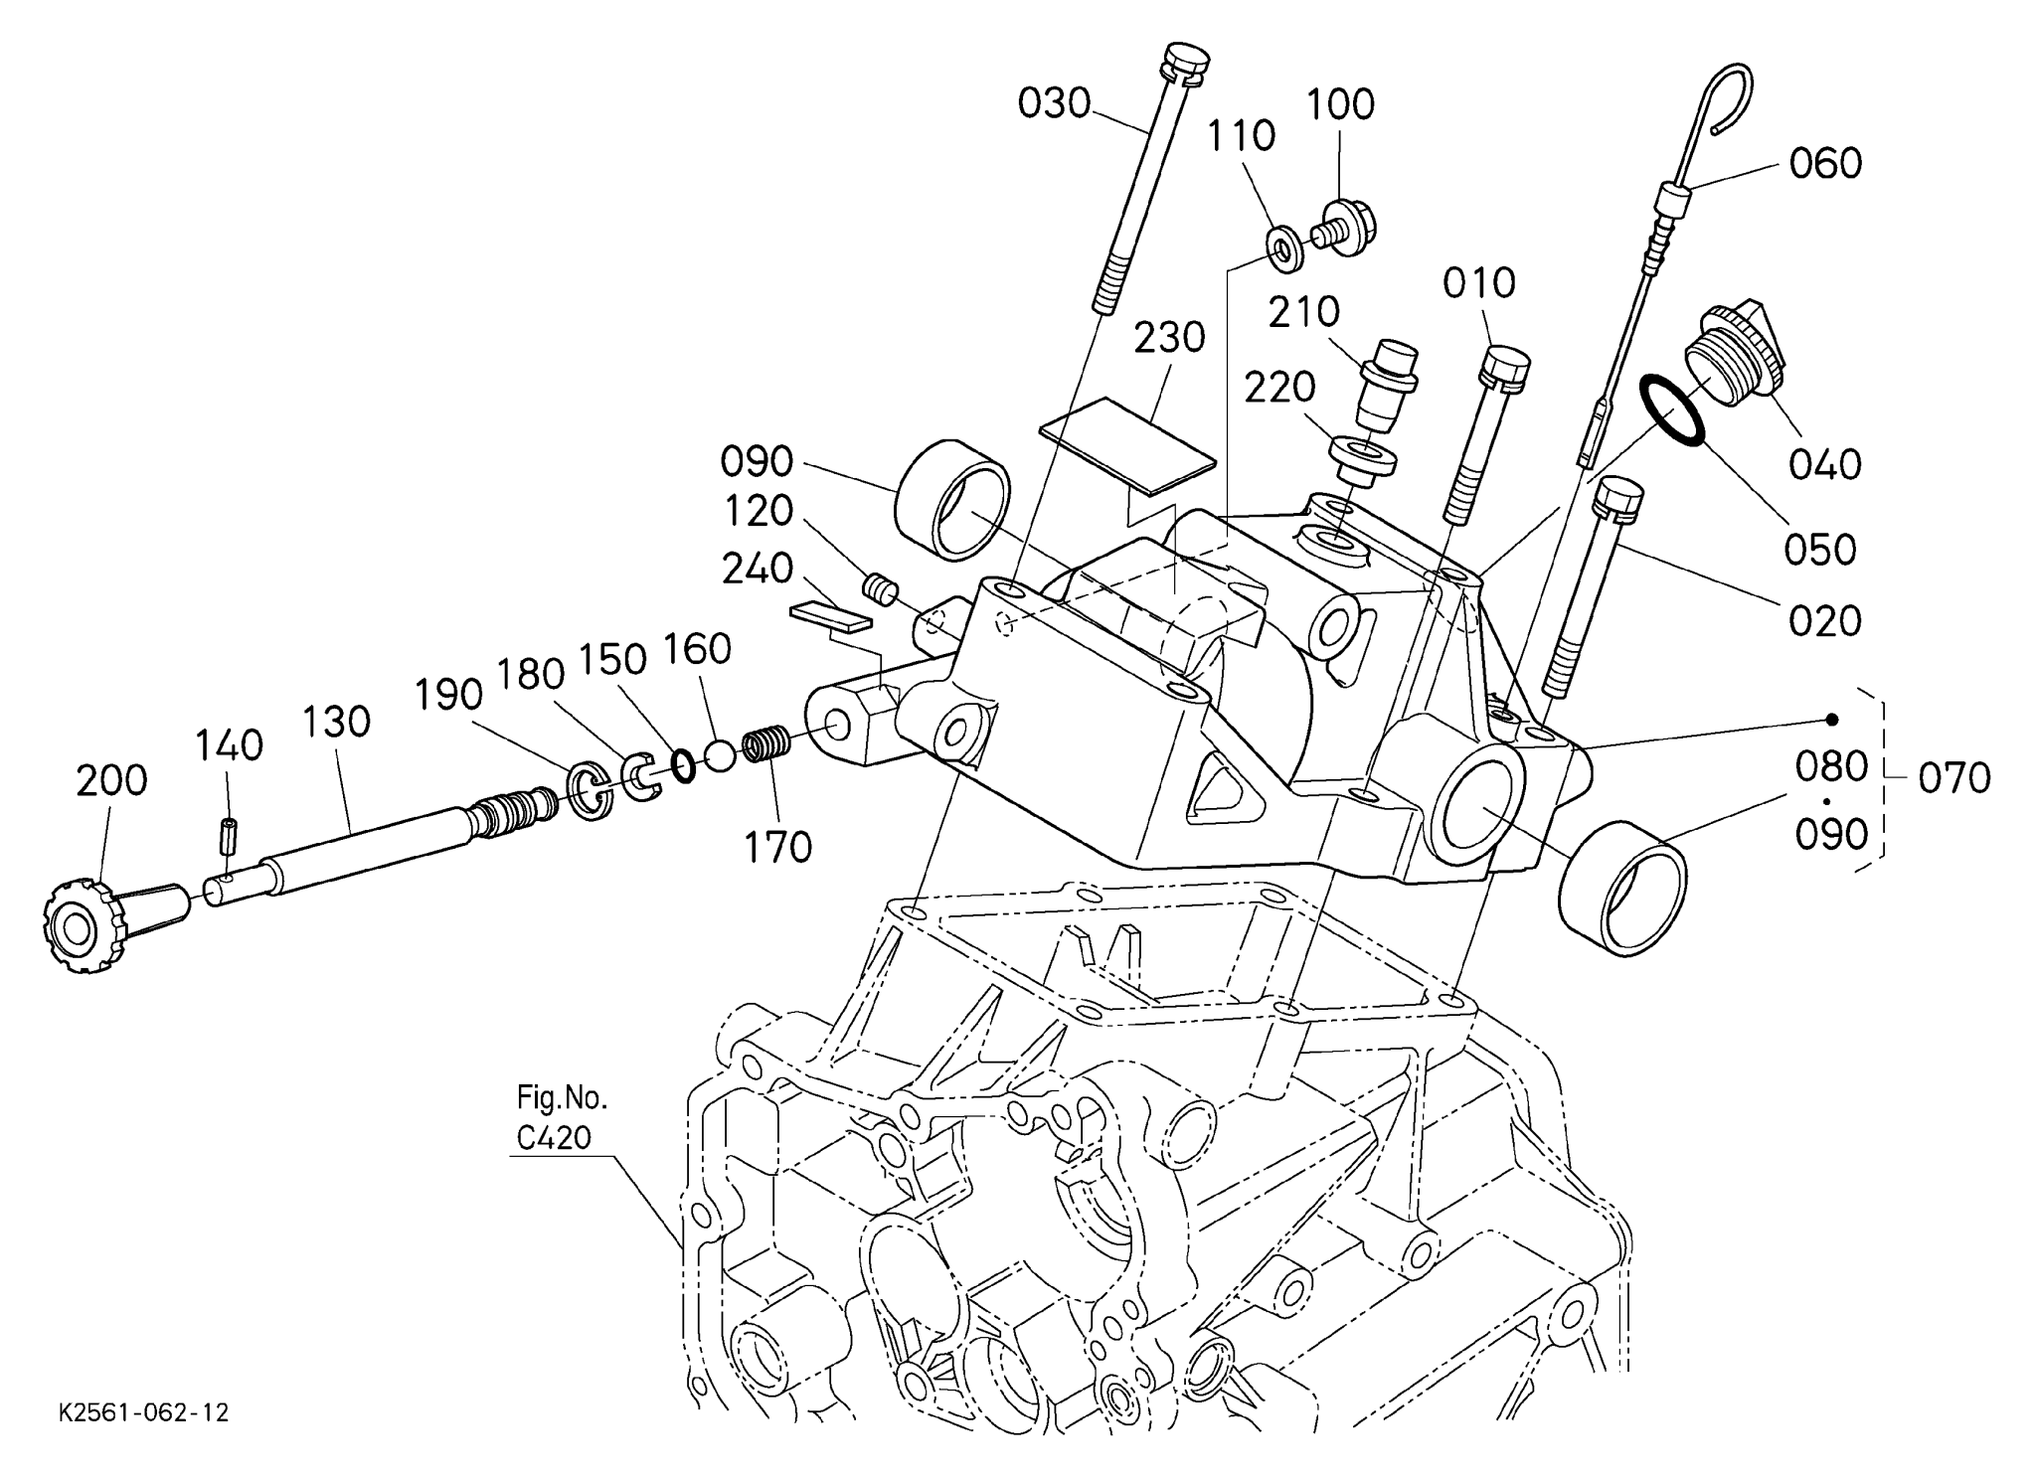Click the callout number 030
(x=1054, y=103)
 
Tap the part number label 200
(x=111, y=781)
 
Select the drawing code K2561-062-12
(x=144, y=1412)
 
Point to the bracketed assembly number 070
(x=1953, y=778)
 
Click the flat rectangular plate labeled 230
(x=1126, y=445)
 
